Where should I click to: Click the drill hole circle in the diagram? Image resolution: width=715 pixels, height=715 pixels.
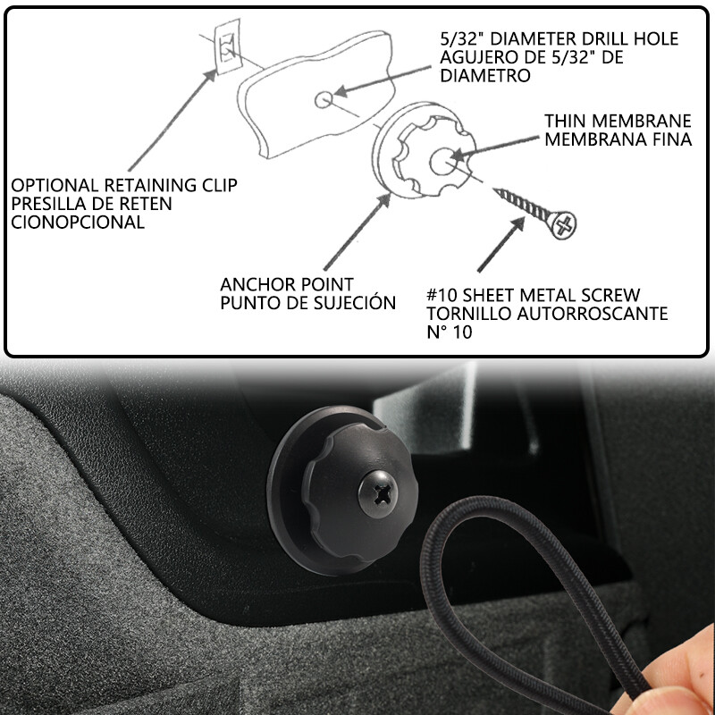(324, 99)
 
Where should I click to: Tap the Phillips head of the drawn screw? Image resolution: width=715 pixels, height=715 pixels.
(564, 225)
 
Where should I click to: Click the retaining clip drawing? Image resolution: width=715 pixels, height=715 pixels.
(228, 46)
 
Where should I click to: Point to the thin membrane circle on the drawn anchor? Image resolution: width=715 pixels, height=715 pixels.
(442, 161)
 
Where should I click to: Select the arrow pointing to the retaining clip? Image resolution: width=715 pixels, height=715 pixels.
(172, 120)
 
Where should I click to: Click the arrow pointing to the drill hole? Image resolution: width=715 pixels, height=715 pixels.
(383, 81)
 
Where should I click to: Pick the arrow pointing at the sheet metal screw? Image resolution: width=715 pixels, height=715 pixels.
(501, 244)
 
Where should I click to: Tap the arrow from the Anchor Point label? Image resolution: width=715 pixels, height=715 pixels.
(357, 231)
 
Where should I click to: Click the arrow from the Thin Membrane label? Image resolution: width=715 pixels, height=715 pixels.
(495, 147)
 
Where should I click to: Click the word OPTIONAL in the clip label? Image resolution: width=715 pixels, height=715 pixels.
(55, 185)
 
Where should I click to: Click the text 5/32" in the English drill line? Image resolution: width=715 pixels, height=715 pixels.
(461, 38)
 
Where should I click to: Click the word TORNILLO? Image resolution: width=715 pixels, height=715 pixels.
(468, 314)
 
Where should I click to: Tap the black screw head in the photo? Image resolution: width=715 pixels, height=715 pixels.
(377, 494)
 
